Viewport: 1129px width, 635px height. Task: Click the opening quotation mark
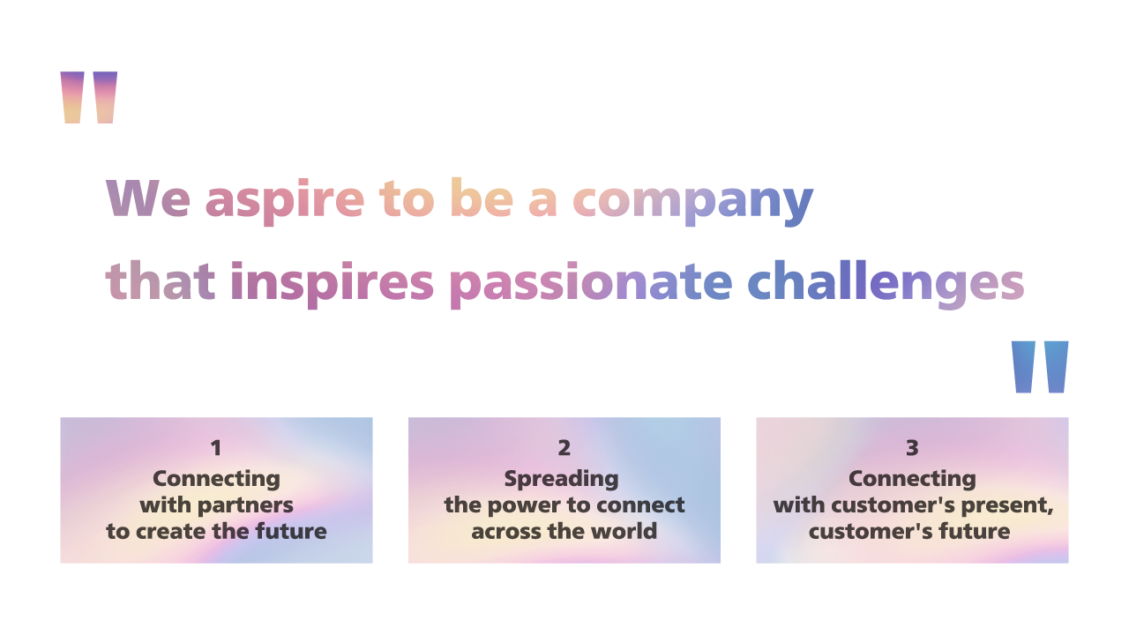88,97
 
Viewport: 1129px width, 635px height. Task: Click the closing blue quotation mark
1040,366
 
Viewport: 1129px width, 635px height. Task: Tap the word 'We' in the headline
147,198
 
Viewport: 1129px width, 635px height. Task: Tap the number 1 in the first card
216,448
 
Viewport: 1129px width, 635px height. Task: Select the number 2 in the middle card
564,448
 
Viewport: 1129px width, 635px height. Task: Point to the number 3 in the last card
912,448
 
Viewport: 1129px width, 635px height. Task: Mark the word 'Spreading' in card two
561,479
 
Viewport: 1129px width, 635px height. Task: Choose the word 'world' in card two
624,531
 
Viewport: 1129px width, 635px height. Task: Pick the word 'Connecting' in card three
912,479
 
